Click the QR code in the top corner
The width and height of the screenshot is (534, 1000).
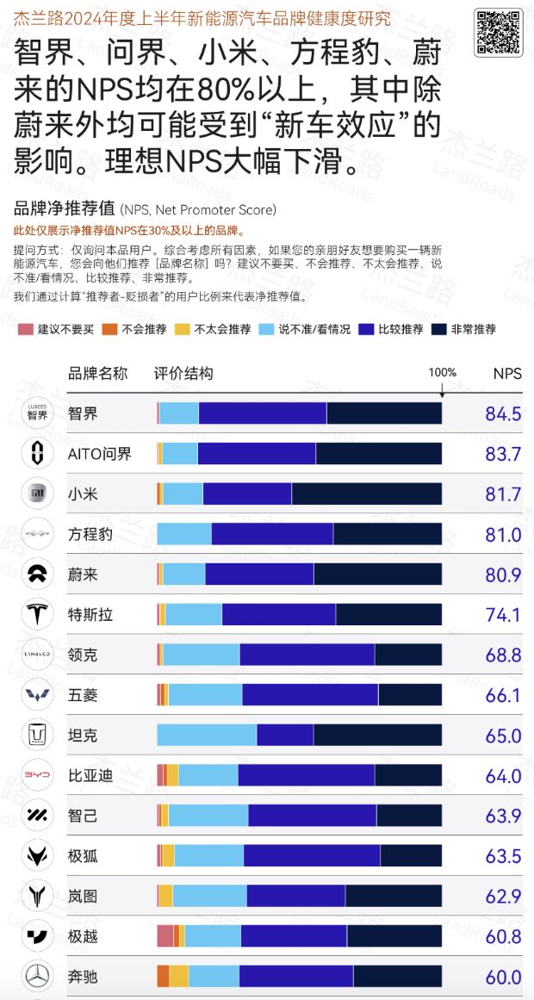click(498, 32)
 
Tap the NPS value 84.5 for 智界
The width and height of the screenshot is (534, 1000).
click(503, 414)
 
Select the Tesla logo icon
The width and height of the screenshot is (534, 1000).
click(37, 615)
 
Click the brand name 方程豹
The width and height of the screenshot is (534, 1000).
click(90, 534)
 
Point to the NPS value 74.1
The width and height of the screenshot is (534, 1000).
click(503, 615)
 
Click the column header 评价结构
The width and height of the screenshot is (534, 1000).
click(183, 373)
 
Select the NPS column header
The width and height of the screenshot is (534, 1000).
click(506, 373)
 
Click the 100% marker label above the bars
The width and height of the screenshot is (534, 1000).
click(442, 372)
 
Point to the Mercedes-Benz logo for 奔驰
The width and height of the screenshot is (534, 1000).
click(37, 977)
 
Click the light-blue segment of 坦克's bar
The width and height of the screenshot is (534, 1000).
click(207, 736)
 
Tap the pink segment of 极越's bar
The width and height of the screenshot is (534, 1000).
click(165, 936)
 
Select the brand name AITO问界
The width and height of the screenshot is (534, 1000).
click(100, 454)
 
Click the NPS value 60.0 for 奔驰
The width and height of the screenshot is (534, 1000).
click(503, 977)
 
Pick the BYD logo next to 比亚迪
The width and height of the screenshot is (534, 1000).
click(37, 775)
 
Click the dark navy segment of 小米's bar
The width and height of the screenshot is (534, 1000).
click(366, 494)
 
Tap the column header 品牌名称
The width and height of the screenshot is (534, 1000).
click(97, 373)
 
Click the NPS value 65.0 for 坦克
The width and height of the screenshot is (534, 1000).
click(503, 736)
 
